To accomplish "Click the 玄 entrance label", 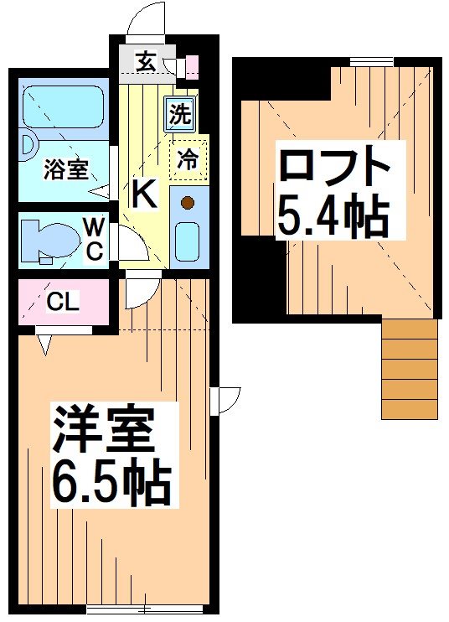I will (145, 61).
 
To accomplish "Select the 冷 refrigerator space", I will (189, 159).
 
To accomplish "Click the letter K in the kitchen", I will (143, 195).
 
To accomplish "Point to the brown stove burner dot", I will (188, 202).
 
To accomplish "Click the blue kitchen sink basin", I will (187, 240).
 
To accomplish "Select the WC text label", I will (95, 237).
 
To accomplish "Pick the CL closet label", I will (64, 303).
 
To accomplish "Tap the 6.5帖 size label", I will (111, 481).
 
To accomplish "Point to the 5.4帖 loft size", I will (333, 215).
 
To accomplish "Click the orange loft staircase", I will (410, 369).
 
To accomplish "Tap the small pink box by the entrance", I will (192, 65).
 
